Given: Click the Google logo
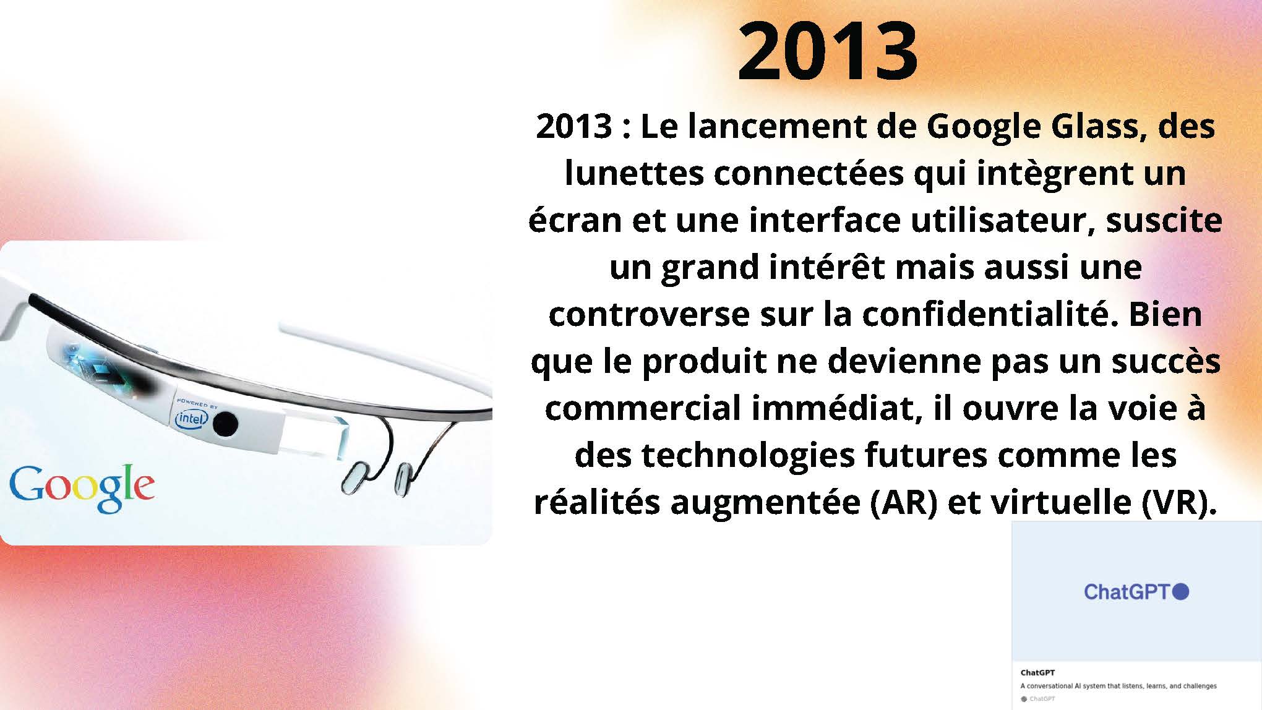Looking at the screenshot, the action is pyautogui.click(x=82, y=489).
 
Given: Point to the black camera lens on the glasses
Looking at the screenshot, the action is pyautogui.click(x=225, y=424).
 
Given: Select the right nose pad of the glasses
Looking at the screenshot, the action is pyautogui.click(x=404, y=478).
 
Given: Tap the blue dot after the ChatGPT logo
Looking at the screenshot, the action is pyautogui.click(x=1181, y=591).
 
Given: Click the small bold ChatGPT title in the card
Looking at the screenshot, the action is pyautogui.click(x=1037, y=672).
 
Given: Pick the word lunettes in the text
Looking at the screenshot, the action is pyautogui.click(x=635, y=173).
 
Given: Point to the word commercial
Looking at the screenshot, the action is pyautogui.click(x=642, y=408).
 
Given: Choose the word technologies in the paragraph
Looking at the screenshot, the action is pyautogui.click(x=748, y=456).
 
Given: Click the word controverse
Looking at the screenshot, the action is pyautogui.click(x=650, y=314).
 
